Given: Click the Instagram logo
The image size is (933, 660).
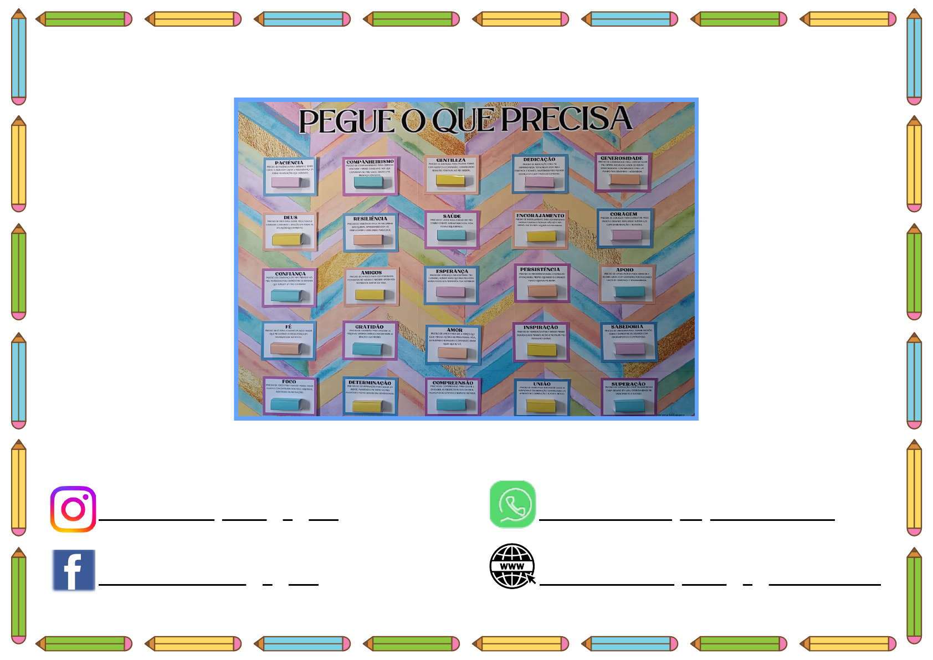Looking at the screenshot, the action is point(73,509).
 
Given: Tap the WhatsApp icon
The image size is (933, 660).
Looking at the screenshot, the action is point(512,504).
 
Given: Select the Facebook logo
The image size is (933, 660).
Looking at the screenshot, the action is point(74,570).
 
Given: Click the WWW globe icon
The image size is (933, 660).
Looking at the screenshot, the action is point(512,566).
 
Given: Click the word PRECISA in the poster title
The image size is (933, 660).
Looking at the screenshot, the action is point(566,119).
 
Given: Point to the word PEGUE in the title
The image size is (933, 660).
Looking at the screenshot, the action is point(347,121).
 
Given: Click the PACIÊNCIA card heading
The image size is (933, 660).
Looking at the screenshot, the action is point(289,163).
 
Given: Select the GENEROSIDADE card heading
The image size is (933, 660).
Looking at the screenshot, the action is point(622,158).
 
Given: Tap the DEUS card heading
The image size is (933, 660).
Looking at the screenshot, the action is point(290,217).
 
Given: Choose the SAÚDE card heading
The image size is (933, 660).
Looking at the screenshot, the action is point(452,216).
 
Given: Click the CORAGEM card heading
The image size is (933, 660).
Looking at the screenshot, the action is point(624,214).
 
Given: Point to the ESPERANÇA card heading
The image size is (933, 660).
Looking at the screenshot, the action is point(452,272).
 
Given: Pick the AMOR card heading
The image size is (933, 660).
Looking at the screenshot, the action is point(454,330).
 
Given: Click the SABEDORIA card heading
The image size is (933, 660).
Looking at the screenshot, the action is point(627,327).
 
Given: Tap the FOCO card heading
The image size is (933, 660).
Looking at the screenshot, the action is point(289,382).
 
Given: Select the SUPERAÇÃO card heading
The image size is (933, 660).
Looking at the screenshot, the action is point(628,384).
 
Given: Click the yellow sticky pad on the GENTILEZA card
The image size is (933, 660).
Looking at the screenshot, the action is point(450,180).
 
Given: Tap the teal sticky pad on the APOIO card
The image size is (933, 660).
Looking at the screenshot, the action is point(629,291).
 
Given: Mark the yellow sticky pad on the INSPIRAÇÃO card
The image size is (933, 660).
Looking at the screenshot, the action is point(542,350).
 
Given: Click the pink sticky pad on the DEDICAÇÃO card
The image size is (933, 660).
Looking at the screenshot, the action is point(539,182).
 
